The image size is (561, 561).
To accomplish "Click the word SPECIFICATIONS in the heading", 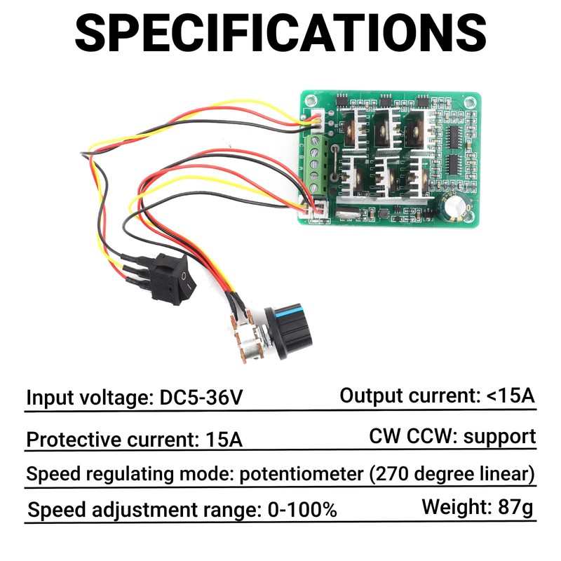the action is (x=280, y=32).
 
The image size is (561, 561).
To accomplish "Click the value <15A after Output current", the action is (x=510, y=396).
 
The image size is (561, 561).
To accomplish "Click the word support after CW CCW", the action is (x=499, y=436).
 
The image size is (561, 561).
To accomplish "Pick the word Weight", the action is (x=452, y=507).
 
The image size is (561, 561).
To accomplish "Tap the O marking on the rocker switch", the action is (x=184, y=278).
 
